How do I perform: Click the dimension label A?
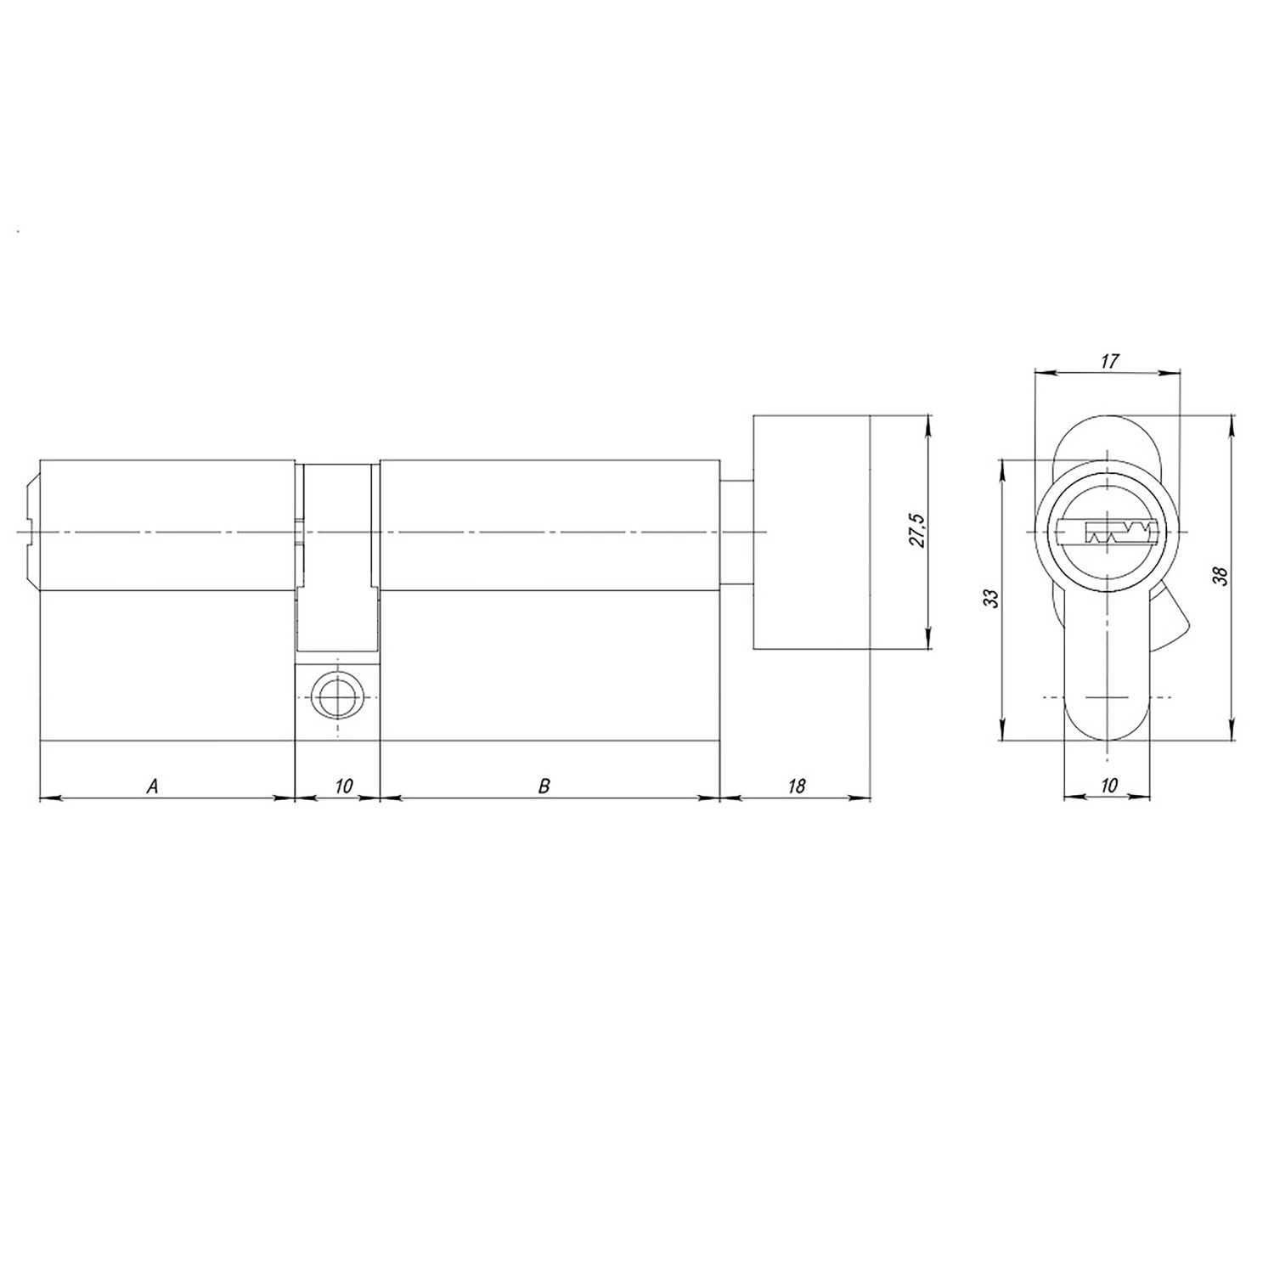[x=153, y=786]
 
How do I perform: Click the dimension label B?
[x=544, y=786]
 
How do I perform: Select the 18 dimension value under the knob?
[x=796, y=786]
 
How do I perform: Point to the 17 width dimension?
[x=1108, y=361]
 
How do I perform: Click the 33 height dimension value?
[x=990, y=598]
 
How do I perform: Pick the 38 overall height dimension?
[x=1221, y=577]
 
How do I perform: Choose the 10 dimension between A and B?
[x=343, y=786]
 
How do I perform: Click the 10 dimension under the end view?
[x=1108, y=786]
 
